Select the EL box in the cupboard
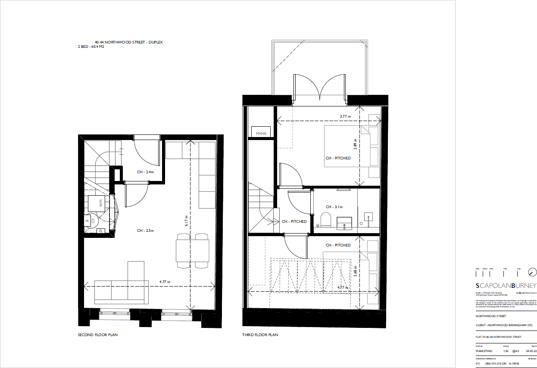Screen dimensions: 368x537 (101, 231)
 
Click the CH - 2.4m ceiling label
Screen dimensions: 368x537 (145, 172)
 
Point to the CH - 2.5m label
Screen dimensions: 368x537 (145, 231)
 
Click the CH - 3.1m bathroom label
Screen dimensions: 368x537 (334, 207)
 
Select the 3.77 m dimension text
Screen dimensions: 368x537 (345, 116)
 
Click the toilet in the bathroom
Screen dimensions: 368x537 (326, 219)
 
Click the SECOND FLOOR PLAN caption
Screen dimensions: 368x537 (98, 335)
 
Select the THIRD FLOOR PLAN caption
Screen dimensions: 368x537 (260, 335)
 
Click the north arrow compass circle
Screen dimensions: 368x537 (532, 272)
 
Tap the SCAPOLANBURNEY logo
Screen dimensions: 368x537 (506, 286)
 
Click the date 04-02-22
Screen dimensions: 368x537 (531, 351)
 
